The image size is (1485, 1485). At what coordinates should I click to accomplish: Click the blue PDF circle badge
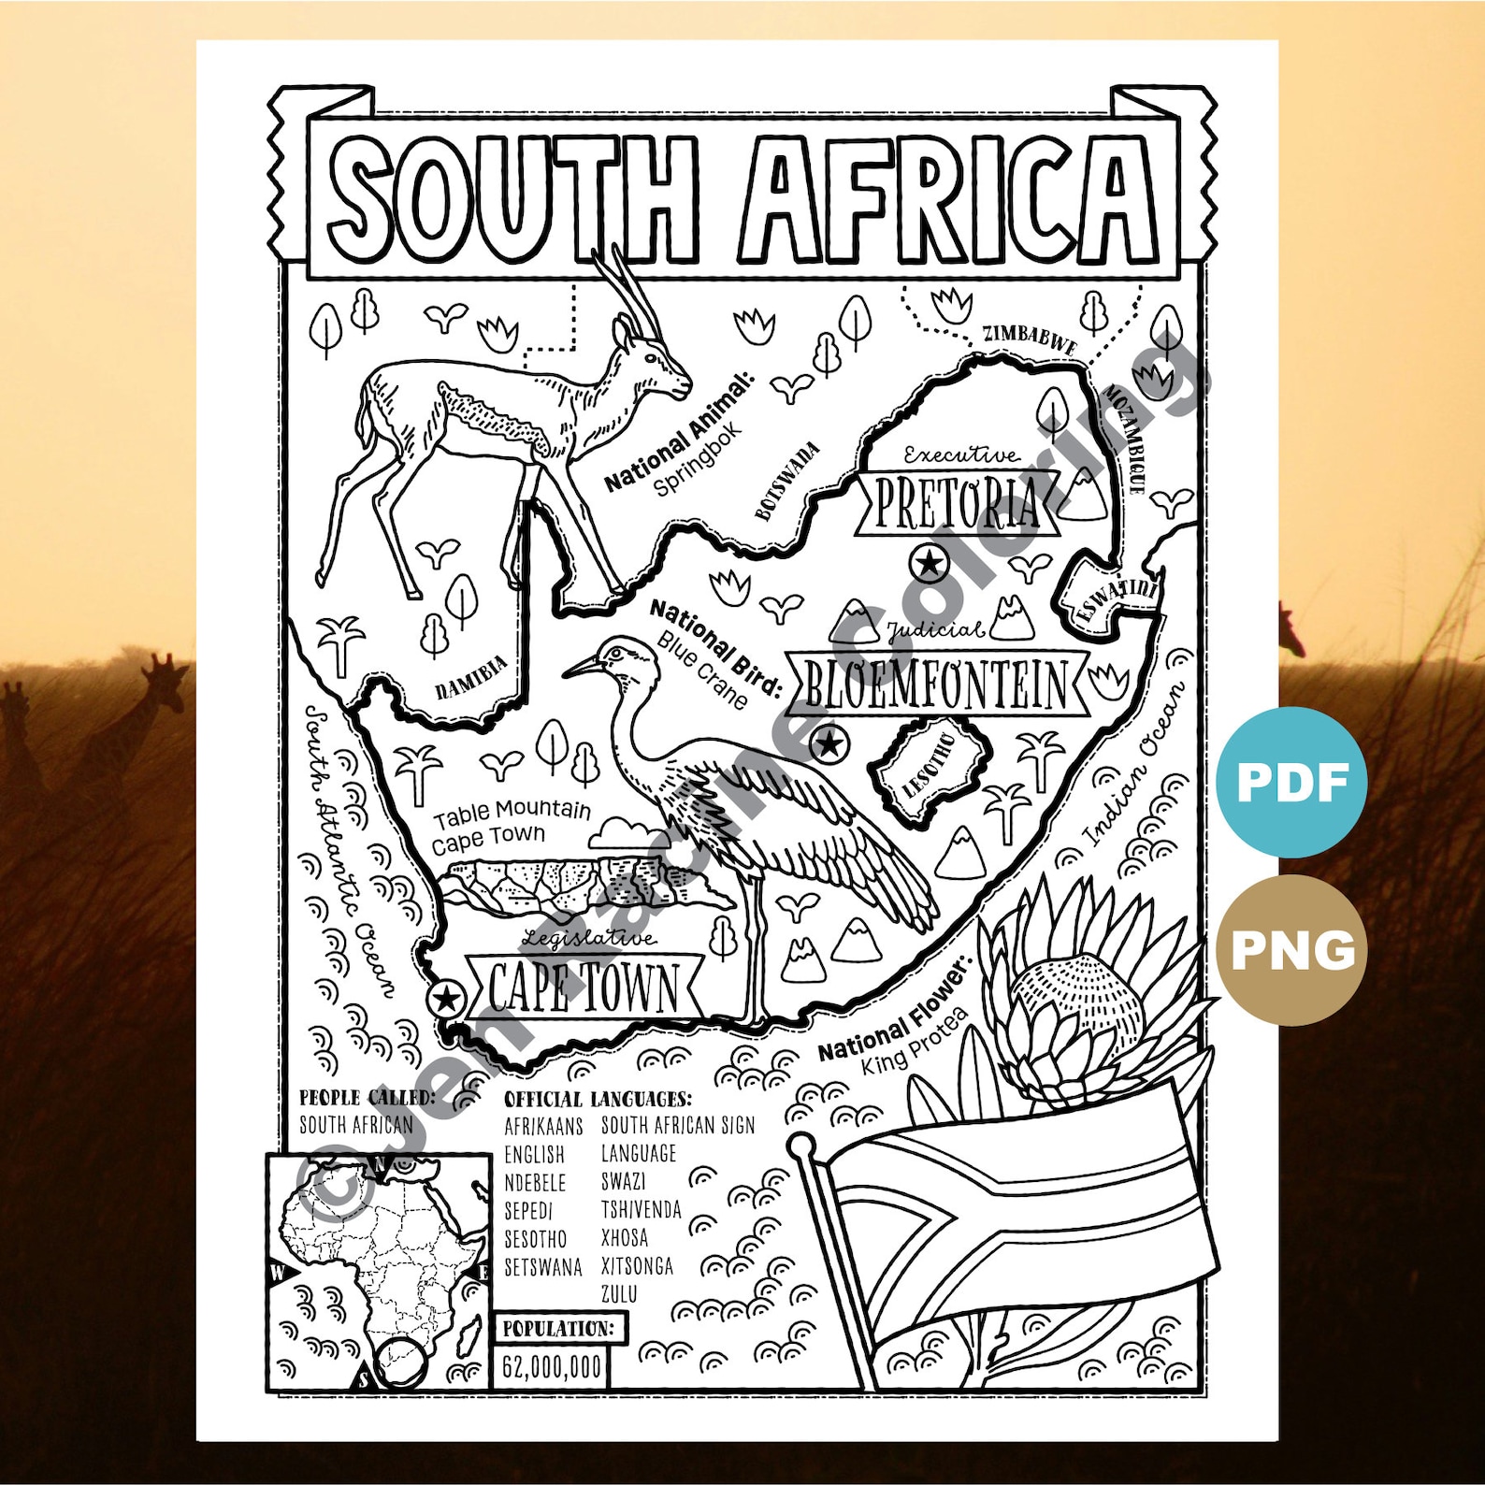(1291, 783)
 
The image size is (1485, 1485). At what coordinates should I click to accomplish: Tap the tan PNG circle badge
(1291, 950)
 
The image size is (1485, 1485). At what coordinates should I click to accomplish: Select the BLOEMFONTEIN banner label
(936, 685)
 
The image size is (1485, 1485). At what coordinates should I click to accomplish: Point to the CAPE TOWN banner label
(584, 988)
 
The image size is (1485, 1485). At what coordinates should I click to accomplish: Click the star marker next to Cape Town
(447, 999)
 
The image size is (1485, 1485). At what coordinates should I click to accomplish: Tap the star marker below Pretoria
(929, 563)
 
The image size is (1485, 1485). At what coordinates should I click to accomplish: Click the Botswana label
(787, 481)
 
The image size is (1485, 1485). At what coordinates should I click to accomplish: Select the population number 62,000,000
(552, 1367)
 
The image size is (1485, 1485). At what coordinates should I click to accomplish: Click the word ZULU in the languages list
(619, 1294)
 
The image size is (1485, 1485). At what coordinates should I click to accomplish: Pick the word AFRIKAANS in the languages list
(543, 1126)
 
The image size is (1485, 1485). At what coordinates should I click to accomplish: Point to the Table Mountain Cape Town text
(511, 825)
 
